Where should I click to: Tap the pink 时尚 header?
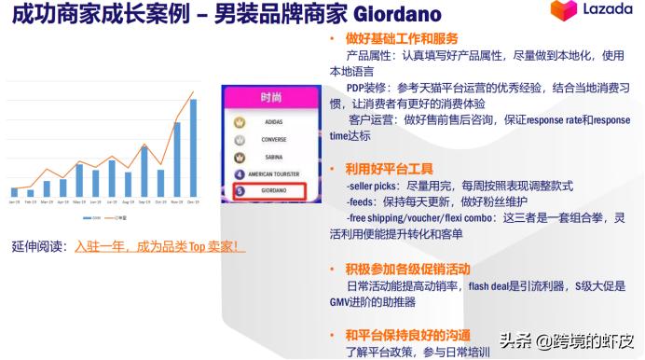click(x=271, y=97)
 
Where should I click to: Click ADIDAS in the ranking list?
click(x=273, y=122)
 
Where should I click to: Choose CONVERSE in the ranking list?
click(x=273, y=140)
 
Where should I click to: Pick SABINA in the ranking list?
click(x=273, y=157)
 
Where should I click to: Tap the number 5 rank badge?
click(x=240, y=191)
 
